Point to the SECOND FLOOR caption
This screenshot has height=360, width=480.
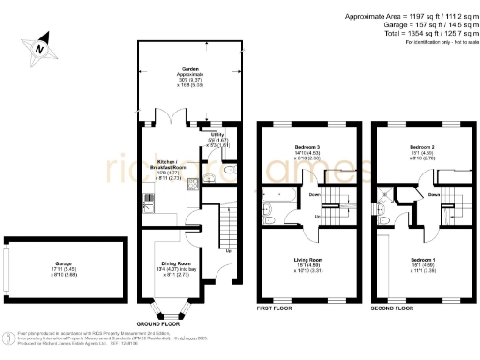pyautogui.click(x=394, y=307)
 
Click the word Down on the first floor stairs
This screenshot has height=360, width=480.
pyautogui.click(x=314, y=194)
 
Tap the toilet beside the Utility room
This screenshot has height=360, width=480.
pyautogui.click(x=212, y=172)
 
